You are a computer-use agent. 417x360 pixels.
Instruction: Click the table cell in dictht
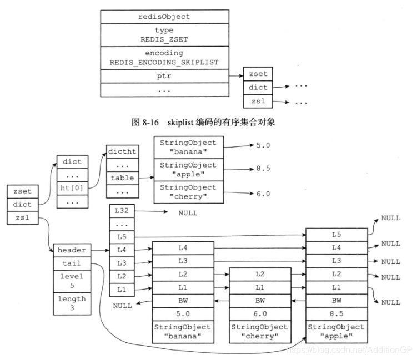(x=122, y=178)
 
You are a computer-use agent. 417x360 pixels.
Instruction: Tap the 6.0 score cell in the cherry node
(x=260, y=313)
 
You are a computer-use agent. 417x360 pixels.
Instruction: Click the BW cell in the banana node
(x=182, y=301)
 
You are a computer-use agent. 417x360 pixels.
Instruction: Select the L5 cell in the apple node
(x=336, y=235)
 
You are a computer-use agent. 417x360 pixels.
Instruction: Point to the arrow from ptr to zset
(x=236, y=75)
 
